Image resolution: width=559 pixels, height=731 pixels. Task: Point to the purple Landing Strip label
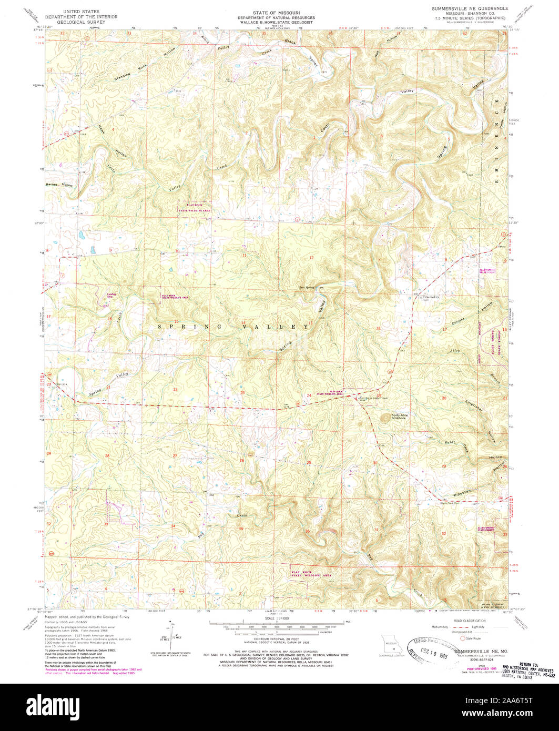[x=110, y=295]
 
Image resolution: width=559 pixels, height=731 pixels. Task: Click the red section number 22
[x=175, y=390]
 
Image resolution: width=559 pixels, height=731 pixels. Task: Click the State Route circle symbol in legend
[x=463, y=638]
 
